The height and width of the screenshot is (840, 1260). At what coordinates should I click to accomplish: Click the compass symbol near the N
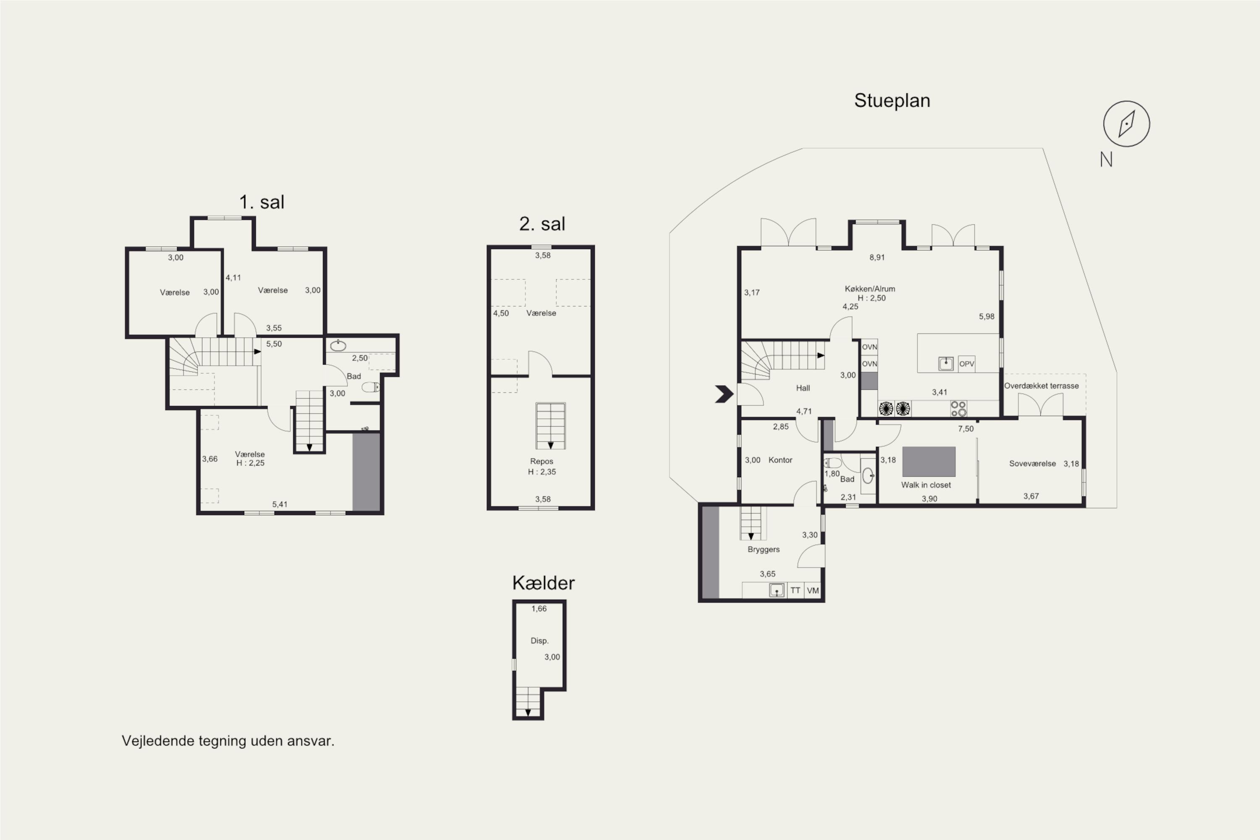point(1126,124)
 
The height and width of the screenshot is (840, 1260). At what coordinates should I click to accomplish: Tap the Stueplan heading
point(892,101)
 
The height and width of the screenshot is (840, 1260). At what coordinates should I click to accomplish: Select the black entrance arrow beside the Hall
point(724,394)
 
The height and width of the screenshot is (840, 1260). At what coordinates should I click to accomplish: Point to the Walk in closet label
point(926,485)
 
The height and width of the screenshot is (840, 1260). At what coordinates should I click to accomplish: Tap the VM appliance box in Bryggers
point(813,591)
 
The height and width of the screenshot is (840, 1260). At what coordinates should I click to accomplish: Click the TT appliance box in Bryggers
point(795,591)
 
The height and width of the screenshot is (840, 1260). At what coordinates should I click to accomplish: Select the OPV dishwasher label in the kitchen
point(966,364)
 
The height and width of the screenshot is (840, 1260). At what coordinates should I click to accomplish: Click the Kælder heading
point(543,583)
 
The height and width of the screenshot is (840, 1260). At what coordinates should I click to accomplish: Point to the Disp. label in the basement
point(539,641)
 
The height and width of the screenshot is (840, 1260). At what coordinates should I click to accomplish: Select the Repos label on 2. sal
point(542,461)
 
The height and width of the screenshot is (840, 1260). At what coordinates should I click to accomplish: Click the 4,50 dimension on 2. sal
point(501,313)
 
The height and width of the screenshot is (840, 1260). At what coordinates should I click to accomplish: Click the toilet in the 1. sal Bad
point(370,387)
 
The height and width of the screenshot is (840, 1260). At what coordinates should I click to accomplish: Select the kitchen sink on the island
point(946,364)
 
